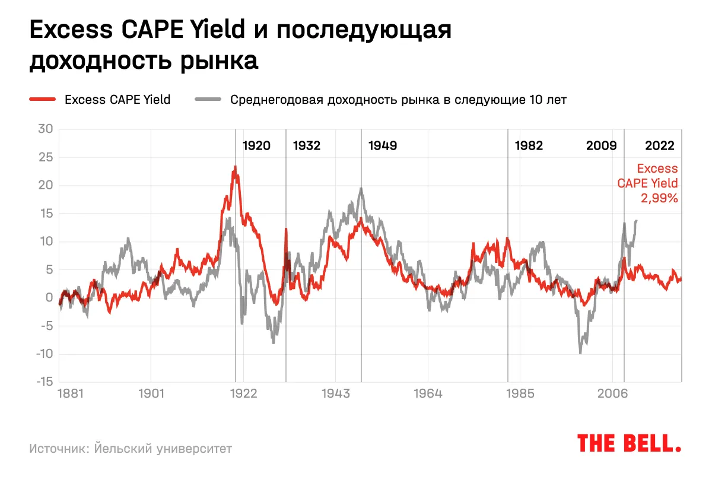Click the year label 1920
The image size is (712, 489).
tap(256, 146)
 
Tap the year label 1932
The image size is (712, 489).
tap(306, 146)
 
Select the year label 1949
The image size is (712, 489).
tap(383, 146)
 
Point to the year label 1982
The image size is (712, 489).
tap(529, 146)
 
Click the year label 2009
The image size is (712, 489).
tap(602, 146)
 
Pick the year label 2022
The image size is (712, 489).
tap(660, 146)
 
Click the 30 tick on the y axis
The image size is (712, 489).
tap(46, 129)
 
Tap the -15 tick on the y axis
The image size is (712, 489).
tap(44, 382)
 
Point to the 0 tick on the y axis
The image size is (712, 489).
tap(49, 298)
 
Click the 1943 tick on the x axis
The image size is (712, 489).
tap(336, 393)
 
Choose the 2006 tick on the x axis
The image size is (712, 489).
tap(612, 393)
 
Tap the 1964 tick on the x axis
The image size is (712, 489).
tap(428, 393)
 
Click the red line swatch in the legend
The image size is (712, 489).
tap(42, 100)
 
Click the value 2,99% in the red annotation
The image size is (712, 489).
tap(659, 199)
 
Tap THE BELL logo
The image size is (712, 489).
tap(629, 443)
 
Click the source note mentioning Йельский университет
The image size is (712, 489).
tap(131, 449)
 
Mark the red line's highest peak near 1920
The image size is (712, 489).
tap(236, 167)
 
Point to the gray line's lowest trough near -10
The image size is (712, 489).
tap(580, 353)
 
